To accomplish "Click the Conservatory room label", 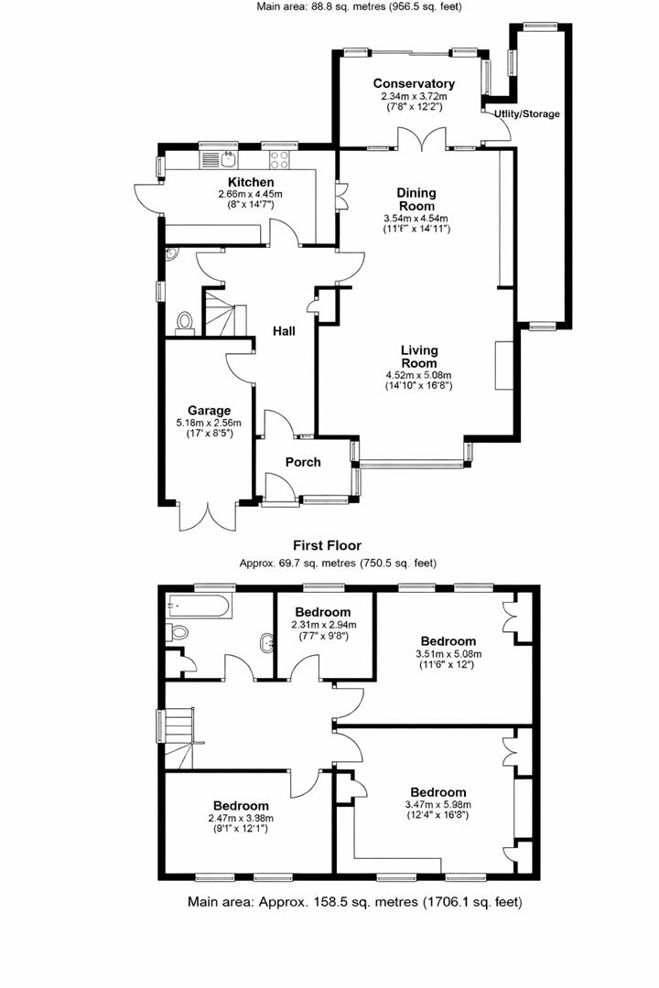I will click(x=414, y=84).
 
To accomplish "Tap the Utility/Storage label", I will click(x=526, y=114).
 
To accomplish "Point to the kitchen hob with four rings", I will click(x=278, y=161).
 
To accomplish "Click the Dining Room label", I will click(x=416, y=199).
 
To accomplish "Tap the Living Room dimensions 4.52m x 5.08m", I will click(x=418, y=375).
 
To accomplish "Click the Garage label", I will click(x=210, y=411).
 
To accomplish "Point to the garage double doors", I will click(x=209, y=517).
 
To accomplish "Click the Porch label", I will click(x=303, y=462).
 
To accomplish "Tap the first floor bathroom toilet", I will click(x=178, y=631).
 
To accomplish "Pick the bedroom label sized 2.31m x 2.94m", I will click(x=322, y=612).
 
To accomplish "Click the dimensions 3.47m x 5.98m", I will click(x=438, y=805).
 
